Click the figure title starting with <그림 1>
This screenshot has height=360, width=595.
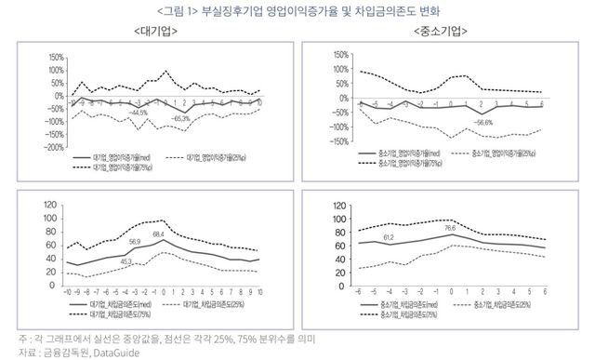click(297, 11)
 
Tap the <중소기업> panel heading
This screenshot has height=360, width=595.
click(444, 33)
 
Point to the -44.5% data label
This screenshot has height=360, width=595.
click(139, 113)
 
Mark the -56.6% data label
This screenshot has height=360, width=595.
click(483, 122)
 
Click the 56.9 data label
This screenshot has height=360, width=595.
click(135, 241)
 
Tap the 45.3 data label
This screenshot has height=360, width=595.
click(127, 261)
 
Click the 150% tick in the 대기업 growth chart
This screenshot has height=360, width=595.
click(54, 57)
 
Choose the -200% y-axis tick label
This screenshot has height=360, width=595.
click(52, 147)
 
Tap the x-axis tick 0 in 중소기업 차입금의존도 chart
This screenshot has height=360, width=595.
click(452, 292)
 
